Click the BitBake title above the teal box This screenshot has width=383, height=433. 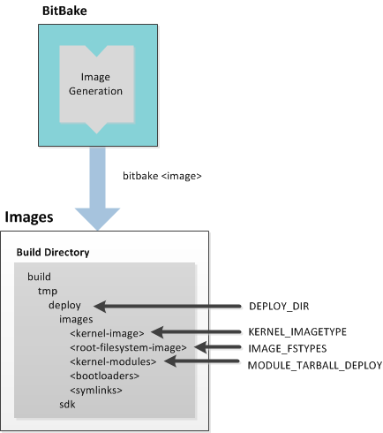tap(64, 11)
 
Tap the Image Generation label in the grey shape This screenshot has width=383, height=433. tap(95, 84)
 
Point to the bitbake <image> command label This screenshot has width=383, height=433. tap(162, 176)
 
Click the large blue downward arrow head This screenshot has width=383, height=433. tap(97, 218)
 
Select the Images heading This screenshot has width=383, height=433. tap(29, 217)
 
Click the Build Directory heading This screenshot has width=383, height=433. tap(53, 253)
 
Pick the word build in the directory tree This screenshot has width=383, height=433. tap(39, 277)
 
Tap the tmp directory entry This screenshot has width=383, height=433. tap(48, 292)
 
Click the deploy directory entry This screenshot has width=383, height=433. tap(64, 306)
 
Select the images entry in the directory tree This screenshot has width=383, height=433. tap(76, 319)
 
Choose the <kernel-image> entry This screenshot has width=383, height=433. tap(107, 333)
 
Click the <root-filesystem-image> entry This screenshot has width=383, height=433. tap(128, 347)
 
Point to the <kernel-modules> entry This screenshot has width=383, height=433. tap(113, 361)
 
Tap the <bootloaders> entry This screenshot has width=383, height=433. tap(105, 376)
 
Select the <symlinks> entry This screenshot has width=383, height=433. tap(96, 391)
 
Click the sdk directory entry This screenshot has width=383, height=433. tap(67, 405)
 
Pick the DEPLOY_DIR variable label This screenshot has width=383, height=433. tap(279, 307)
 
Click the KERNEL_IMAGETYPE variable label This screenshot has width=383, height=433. tap(297, 332)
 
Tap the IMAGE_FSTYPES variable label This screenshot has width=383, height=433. tap(288, 349)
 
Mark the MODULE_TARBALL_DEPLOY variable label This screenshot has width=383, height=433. tap(315, 366)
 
